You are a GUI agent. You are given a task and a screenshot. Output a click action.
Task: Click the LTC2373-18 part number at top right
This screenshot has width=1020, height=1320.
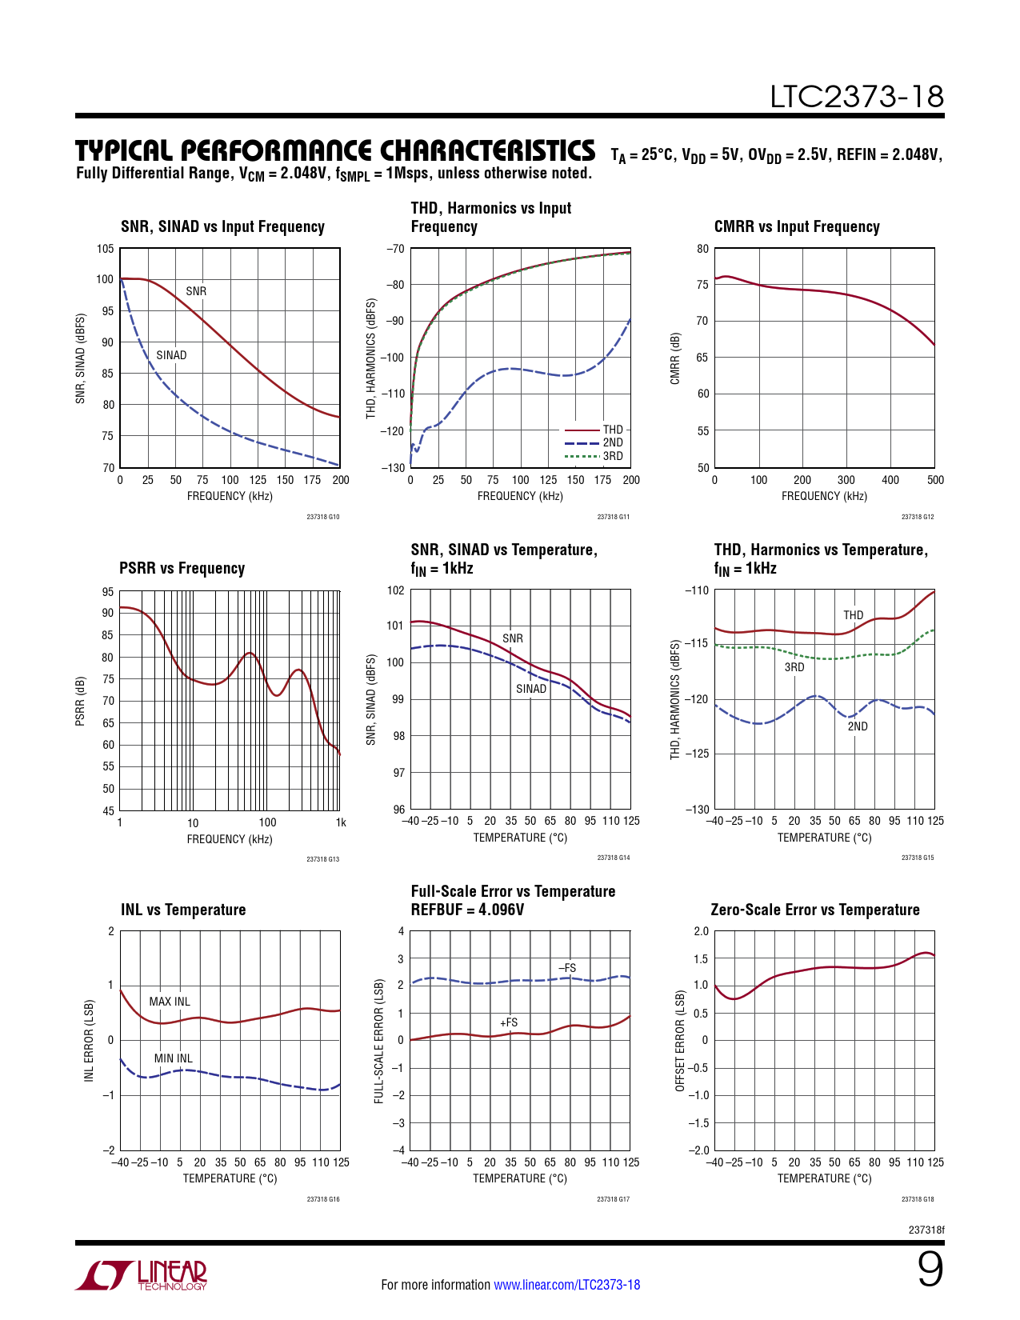[x=857, y=97]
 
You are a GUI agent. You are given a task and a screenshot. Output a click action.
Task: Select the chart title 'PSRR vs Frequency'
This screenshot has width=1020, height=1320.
[x=182, y=568]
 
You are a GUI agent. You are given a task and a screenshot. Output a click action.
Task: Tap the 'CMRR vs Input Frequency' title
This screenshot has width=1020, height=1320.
[x=797, y=226]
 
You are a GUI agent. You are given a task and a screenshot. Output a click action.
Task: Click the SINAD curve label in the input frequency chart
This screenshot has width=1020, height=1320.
[x=171, y=355]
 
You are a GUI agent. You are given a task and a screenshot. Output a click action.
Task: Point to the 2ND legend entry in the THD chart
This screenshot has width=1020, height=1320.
[x=613, y=442]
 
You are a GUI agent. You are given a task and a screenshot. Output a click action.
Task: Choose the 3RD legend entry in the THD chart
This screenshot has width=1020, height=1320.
[x=613, y=456]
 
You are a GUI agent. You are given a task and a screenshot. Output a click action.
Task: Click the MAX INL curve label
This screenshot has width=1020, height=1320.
[x=170, y=1002]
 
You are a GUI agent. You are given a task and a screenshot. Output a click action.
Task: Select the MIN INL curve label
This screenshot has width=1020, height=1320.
[x=173, y=1058]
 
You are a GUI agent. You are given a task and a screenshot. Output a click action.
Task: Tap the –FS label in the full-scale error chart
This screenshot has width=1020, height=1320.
[x=567, y=968]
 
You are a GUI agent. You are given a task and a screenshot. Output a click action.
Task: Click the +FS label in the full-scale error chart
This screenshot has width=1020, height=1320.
[x=509, y=1022]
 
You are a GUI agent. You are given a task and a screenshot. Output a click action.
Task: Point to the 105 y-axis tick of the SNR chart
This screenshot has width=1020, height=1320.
[x=105, y=249]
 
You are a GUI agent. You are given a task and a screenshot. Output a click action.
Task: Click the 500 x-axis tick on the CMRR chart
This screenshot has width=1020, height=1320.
[x=935, y=480]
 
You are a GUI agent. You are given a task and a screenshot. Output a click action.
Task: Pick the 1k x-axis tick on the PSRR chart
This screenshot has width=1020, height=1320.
[x=341, y=822]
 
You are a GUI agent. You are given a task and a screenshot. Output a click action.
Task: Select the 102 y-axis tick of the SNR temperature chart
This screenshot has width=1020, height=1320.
[x=395, y=590]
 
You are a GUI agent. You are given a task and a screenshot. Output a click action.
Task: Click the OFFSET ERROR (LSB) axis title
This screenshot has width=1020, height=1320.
[x=681, y=1041]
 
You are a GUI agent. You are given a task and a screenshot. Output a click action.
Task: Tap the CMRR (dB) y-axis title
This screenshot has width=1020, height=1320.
[x=675, y=358]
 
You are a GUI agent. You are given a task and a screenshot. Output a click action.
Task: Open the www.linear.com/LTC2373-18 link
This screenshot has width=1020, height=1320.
[x=566, y=1285]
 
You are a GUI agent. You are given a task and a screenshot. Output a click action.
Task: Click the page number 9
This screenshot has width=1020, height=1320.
[x=930, y=1270]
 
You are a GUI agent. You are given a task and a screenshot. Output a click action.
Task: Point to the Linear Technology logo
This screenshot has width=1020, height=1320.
[x=142, y=1275]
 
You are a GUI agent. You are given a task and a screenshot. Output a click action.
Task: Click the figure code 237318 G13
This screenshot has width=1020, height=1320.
[x=323, y=859]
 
